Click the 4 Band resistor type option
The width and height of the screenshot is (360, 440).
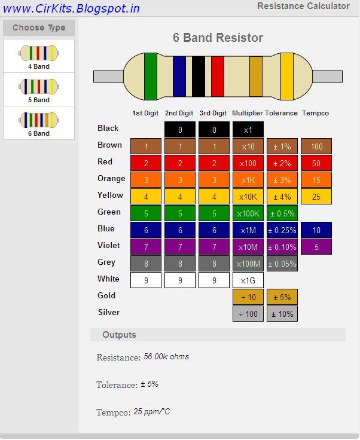(39, 56)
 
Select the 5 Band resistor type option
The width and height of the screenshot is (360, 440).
(39, 90)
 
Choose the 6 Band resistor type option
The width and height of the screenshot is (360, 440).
(39, 123)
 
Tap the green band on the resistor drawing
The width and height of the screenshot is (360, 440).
(151, 76)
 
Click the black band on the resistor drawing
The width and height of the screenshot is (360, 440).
(199, 76)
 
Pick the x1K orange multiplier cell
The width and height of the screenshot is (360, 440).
(248, 179)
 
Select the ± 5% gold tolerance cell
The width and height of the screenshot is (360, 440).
(282, 297)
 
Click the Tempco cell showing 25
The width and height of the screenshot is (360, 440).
(316, 196)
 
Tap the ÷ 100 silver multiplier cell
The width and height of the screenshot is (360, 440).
(248, 313)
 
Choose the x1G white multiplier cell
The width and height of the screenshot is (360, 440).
(248, 280)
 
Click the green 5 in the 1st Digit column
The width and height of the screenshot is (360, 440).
(146, 213)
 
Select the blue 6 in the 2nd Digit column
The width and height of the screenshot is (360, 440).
(180, 230)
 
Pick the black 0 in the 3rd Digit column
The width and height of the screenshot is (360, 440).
(214, 129)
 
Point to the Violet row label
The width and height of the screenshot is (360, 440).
(109, 245)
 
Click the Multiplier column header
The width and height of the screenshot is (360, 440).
(247, 113)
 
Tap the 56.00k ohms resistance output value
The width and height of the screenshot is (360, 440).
(166, 357)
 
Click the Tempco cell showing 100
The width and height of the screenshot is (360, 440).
(316, 146)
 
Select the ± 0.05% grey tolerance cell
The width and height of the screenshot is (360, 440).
(282, 263)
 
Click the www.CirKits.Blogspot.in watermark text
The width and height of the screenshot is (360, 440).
(71, 8)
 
